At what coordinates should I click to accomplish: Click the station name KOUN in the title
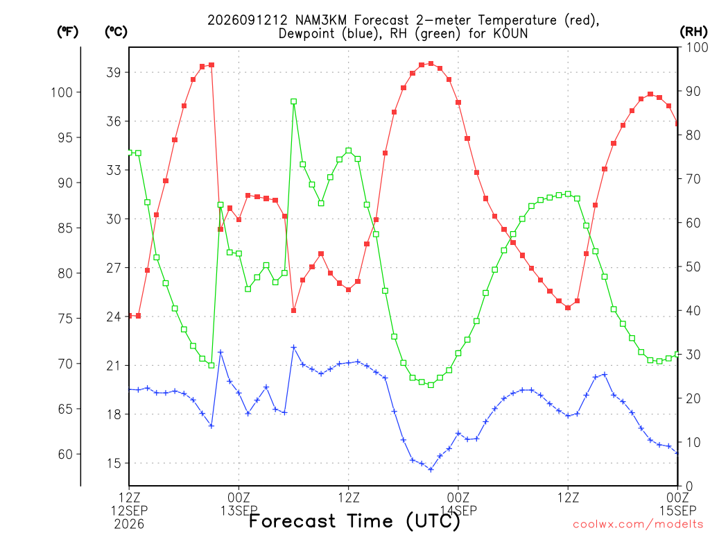click(510, 33)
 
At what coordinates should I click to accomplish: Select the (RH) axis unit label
click(693, 32)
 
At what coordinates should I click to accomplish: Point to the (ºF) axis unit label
click(67, 32)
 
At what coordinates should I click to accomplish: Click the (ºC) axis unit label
click(116, 32)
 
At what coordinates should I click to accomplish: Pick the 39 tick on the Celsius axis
click(114, 72)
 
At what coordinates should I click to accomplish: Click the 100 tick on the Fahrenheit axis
click(62, 92)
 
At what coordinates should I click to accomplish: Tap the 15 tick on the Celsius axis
click(114, 463)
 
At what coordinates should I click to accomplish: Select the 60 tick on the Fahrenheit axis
click(65, 454)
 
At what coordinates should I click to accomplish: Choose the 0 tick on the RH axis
click(689, 487)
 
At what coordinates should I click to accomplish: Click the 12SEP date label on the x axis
click(130, 511)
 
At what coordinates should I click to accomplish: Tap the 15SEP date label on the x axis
click(677, 511)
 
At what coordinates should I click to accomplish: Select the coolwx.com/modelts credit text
click(638, 525)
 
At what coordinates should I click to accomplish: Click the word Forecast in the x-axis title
click(293, 521)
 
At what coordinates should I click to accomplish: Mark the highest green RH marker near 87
click(293, 101)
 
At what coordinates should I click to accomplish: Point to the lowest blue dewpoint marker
click(431, 470)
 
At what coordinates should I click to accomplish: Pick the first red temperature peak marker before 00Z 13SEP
click(211, 65)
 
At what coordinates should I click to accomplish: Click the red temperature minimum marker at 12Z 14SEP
click(568, 307)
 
